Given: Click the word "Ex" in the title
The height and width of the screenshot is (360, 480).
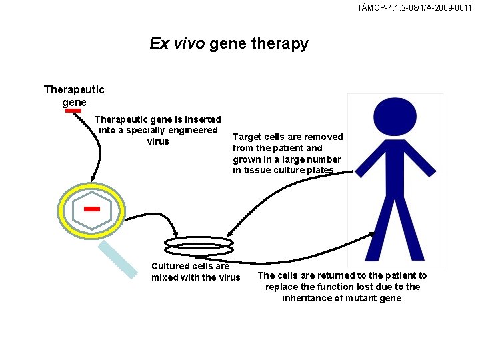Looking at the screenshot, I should pos(159,44).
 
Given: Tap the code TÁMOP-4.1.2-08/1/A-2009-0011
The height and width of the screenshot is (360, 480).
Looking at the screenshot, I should pos(415,8).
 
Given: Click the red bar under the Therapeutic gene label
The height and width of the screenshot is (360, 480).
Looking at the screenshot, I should pos(73,111).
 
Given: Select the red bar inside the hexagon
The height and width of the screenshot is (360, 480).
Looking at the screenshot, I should pos(92,209).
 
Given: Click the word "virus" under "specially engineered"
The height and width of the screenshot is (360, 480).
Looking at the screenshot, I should pos(157,141).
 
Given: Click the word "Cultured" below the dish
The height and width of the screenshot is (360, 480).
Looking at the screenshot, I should pos(171,266).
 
